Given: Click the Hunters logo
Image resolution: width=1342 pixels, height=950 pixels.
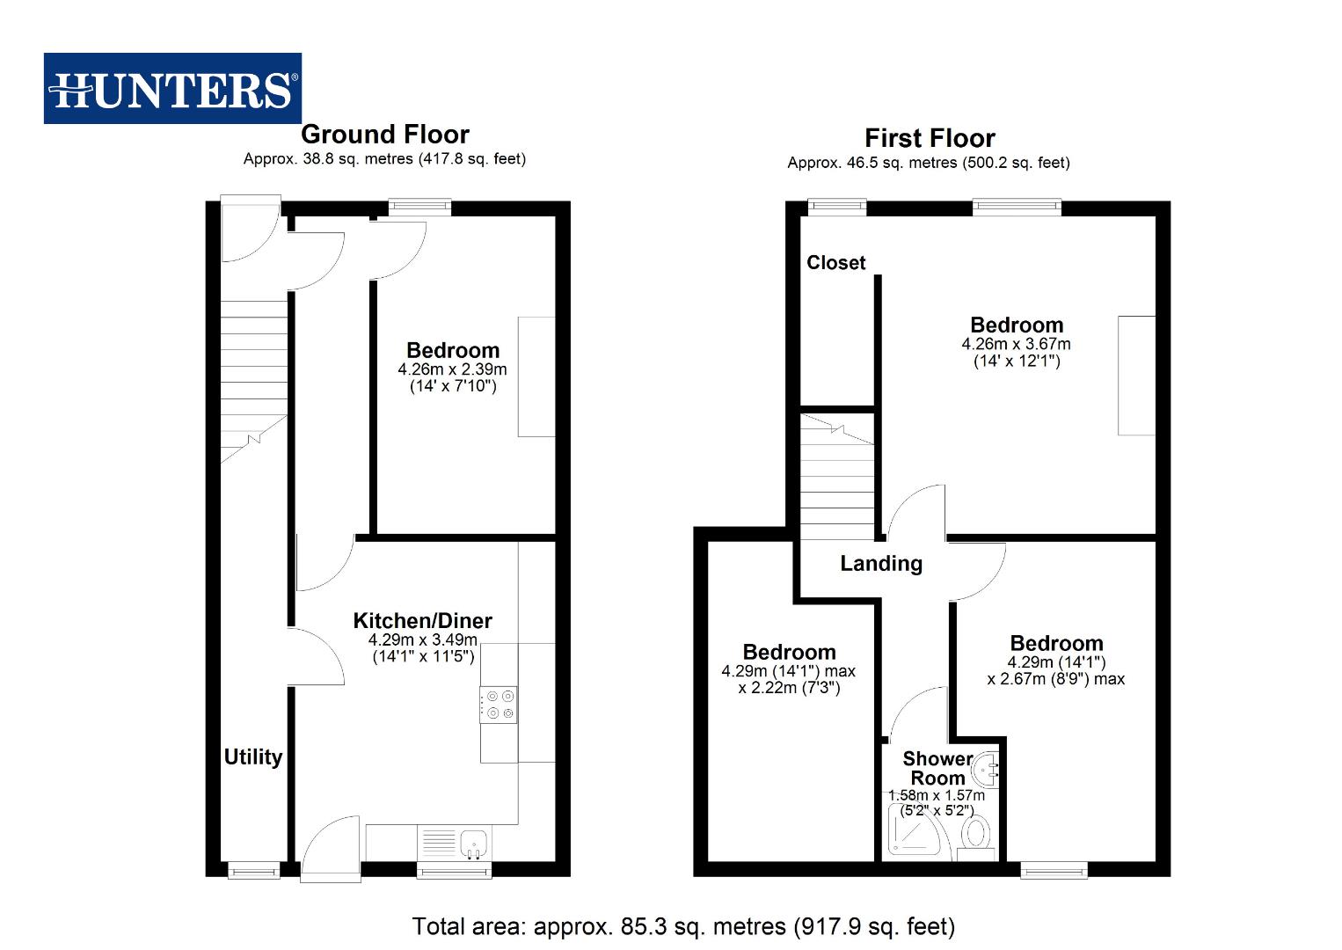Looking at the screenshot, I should coord(172,88).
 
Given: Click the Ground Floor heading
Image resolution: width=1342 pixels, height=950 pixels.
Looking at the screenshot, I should coord(384,135).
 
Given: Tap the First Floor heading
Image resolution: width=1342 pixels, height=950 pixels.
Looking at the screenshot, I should coord(930,138).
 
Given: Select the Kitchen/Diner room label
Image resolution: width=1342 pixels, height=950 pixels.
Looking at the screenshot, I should coord(422,620).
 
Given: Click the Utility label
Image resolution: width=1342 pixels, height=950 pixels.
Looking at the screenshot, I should coord(253,756).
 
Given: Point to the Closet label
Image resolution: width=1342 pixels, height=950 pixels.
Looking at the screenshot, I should coord(835,262).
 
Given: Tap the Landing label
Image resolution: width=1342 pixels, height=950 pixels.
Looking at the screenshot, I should coord(880,563).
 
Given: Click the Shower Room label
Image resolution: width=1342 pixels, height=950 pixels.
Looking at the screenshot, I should coord(937,768).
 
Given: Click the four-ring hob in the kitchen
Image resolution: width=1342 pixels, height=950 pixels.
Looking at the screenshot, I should coord(499,704).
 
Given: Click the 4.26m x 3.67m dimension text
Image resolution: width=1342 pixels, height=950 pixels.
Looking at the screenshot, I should coord(1016,344).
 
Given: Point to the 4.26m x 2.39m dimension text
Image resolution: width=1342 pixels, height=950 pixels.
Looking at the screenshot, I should coord(452,369).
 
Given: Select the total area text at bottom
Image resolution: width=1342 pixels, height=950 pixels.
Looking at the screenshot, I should coord(683,925).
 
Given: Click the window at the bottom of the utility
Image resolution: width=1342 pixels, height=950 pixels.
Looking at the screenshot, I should coord(253,870).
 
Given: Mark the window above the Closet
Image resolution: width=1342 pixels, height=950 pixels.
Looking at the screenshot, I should coord(836,207).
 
